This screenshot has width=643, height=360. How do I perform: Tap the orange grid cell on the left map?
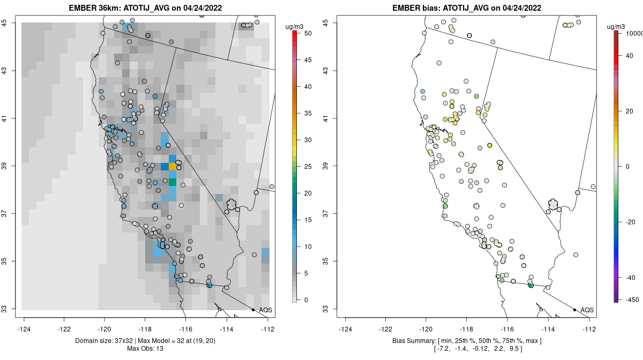point(173,167)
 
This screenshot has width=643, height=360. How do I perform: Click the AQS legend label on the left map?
point(265,310)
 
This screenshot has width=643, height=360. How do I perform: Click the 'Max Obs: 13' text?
point(146,349)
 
